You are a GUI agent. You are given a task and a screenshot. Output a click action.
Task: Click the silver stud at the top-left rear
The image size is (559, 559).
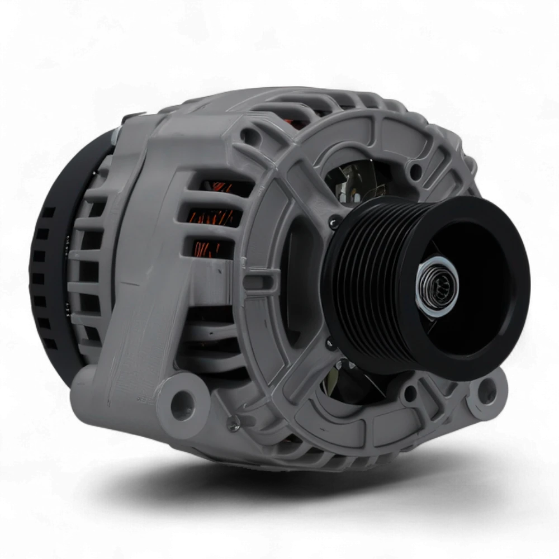click(x=117, y=134)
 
